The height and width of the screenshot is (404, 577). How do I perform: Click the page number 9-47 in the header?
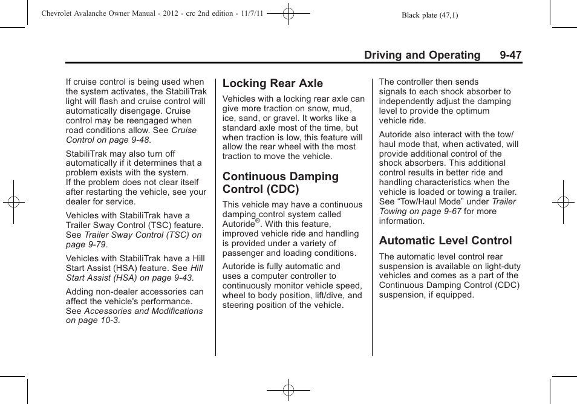point(510,55)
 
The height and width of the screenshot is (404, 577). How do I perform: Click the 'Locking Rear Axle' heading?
point(272,83)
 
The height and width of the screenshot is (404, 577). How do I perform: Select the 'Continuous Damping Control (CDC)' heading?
point(280,183)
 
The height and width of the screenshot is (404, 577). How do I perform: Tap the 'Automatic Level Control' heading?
point(445,240)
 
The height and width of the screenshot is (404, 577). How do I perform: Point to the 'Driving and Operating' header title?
point(422,55)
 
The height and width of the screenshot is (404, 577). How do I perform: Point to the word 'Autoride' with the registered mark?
point(239,224)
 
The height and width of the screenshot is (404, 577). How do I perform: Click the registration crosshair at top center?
point(288,13)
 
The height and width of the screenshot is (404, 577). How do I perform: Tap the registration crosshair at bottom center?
point(288,390)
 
